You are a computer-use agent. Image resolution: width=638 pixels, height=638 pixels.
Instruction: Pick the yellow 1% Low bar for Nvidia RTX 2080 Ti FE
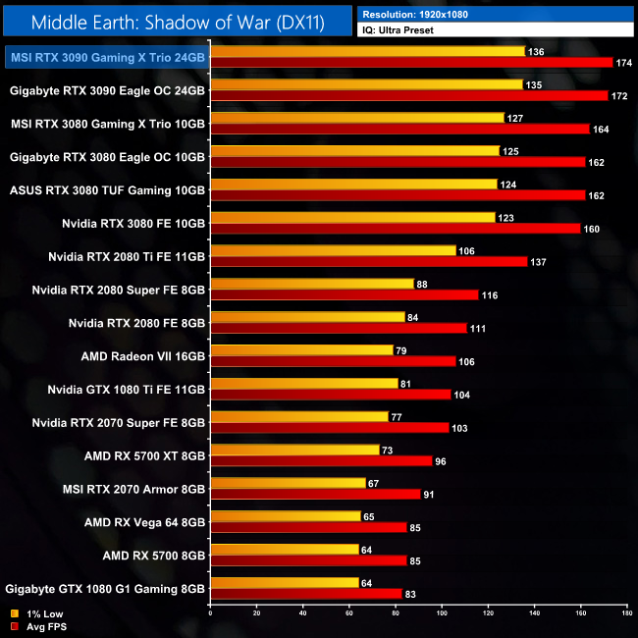pyautogui.click(x=334, y=250)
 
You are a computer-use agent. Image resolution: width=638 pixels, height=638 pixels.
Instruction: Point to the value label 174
pyautogui.click(x=623, y=63)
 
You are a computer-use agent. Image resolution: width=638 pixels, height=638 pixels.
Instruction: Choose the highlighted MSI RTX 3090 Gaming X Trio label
pyautogui.click(x=106, y=58)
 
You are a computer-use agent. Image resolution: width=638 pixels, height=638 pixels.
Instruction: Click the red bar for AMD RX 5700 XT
pyautogui.click(x=322, y=461)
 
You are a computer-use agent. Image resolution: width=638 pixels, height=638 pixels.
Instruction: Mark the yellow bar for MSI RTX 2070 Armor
pyautogui.click(x=286, y=483)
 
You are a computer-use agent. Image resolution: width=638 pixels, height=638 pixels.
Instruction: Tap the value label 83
pyautogui.click(x=412, y=594)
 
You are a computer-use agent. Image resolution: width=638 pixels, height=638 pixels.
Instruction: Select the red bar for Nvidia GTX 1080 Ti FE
pyautogui.click(x=331, y=395)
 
